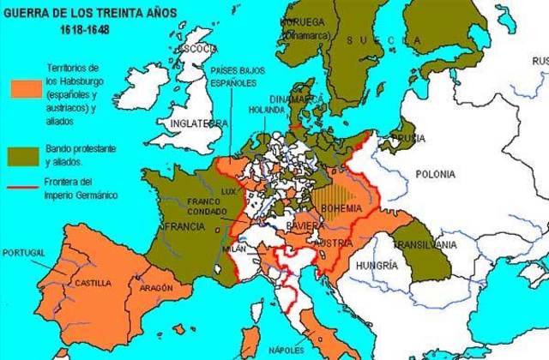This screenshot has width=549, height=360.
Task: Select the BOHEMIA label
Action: pos(341,207)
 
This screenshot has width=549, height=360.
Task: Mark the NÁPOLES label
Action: pos(284,351)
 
